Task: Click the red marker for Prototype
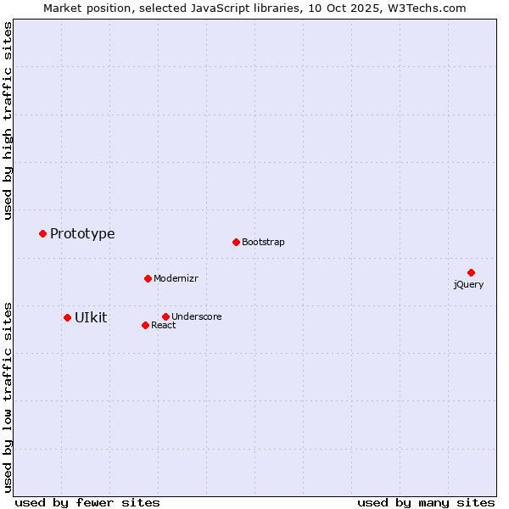tap(42, 233)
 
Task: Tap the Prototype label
tap(82, 234)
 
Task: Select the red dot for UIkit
tap(67, 317)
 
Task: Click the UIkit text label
tap(91, 317)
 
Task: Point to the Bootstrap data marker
tap(236, 242)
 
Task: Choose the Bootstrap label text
tap(263, 243)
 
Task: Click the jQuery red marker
tap(471, 272)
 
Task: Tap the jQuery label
tap(468, 285)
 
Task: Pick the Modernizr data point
tap(148, 278)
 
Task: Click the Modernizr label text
tap(176, 279)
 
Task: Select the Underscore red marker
tap(165, 316)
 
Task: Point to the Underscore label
tap(196, 317)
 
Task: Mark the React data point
tap(145, 325)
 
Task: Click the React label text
tap(163, 326)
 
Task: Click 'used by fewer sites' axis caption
tap(87, 503)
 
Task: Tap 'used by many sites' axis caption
tap(426, 503)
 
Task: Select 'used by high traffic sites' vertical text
tap(8, 120)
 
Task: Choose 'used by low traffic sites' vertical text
tap(8, 396)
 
